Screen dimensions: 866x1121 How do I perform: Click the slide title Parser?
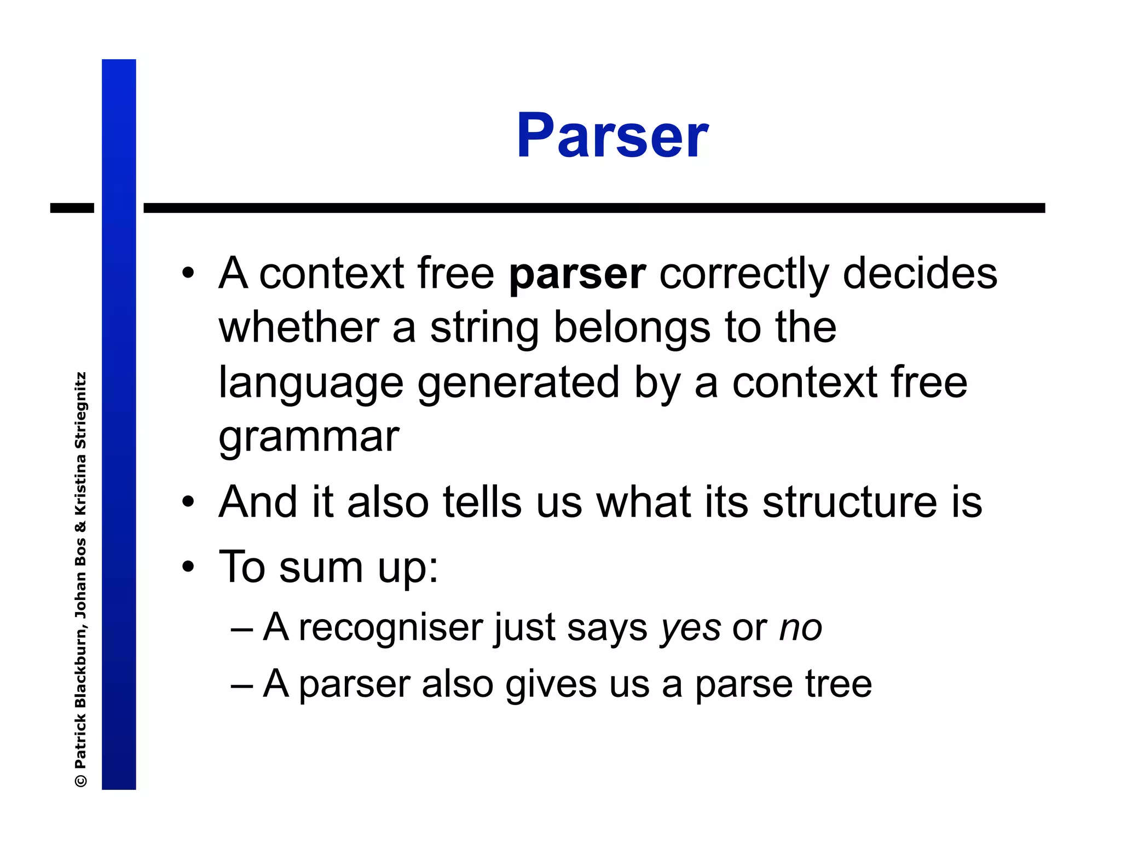[x=612, y=135]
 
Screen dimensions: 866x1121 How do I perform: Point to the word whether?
[x=299, y=327]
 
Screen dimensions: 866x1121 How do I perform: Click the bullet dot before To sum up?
[x=188, y=567]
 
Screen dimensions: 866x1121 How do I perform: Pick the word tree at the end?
[x=838, y=684]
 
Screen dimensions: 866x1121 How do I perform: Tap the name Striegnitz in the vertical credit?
[x=80, y=411]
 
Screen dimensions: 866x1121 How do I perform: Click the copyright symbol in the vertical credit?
[x=80, y=781]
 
